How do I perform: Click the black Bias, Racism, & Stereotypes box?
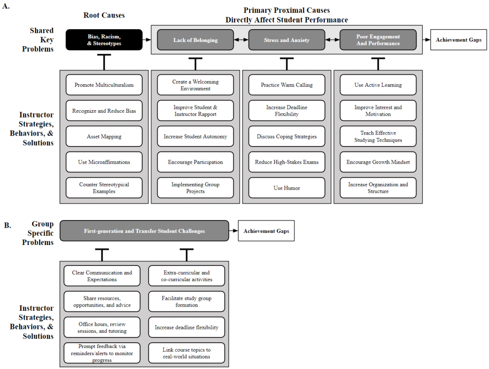(x=104, y=40)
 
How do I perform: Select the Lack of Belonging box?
(x=195, y=40)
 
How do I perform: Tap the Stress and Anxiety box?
(x=287, y=40)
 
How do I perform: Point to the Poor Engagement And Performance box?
(x=378, y=40)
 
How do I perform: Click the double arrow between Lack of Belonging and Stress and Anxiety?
(x=241, y=40)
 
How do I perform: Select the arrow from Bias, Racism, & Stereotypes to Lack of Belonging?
(x=147, y=40)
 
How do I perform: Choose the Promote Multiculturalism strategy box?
(x=104, y=85)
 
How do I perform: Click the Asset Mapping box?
(x=104, y=136)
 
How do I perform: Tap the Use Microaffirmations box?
(x=104, y=162)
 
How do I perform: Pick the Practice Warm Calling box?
(x=287, y=85)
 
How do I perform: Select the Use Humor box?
(x=287, y=188)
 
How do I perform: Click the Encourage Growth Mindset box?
(x=378, y=162)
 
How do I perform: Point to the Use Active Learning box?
(x=378, y=85)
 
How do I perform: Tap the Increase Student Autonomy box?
(x=195, y=136)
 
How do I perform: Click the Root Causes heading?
(x=104, y=15)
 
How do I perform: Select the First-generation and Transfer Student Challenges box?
(x=144, y=231)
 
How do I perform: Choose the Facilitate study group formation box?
(x=187, y=301)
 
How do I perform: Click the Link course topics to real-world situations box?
(x=187, y=353)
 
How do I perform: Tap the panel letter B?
(x=8, y=225)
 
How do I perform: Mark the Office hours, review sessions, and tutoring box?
(x=102, y=327)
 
